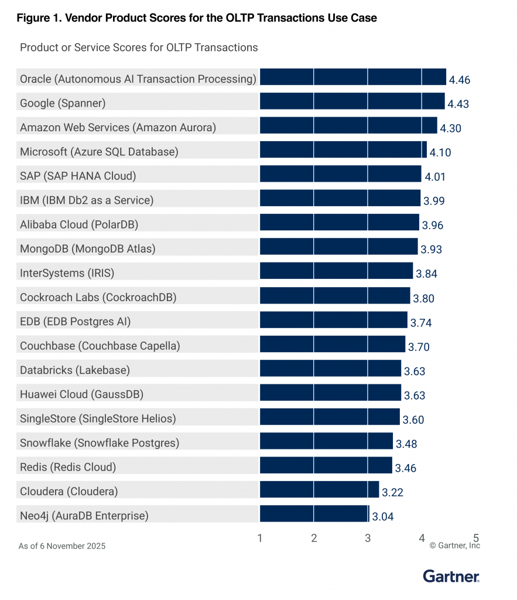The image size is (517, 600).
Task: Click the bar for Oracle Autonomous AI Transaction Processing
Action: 352,77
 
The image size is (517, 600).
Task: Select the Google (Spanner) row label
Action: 63,103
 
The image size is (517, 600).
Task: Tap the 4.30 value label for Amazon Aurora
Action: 451,128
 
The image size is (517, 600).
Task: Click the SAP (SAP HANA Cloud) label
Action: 78,176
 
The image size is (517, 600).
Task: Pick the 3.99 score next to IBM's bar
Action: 434,201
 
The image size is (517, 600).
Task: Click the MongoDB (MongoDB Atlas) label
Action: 88,248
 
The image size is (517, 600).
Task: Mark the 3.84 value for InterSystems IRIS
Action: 426,274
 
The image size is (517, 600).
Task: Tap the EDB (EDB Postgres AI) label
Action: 75,321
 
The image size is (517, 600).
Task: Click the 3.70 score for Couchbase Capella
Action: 419,347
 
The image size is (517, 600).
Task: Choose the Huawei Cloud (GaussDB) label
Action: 81,394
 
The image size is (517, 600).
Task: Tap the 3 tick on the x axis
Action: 368,538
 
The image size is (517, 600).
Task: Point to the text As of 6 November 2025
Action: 62,546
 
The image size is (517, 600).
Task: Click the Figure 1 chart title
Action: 197,18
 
